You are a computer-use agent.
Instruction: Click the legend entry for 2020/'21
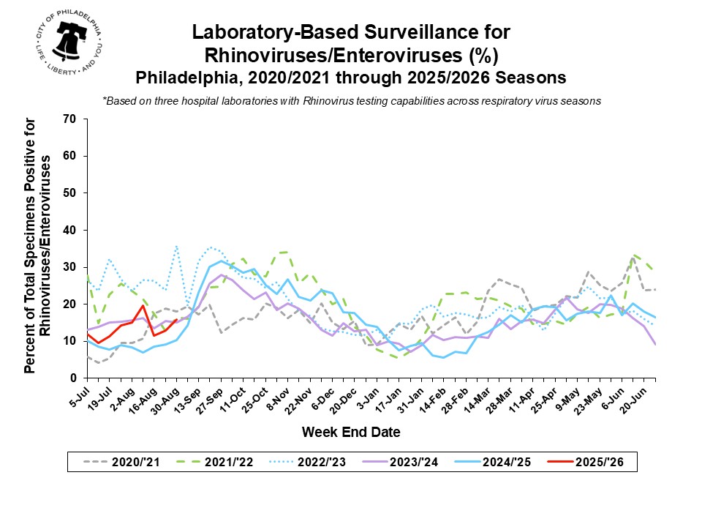[121, 462]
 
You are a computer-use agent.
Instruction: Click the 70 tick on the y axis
[72, 119]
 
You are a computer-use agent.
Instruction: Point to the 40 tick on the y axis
[72, 230]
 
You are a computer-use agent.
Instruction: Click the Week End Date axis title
[351, 433]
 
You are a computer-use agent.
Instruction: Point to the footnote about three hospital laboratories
[351, 101]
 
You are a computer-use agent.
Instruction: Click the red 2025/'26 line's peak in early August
[143, 306]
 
